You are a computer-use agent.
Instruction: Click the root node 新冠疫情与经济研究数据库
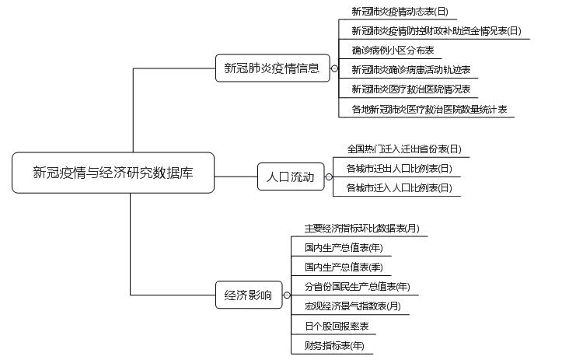pos(113,173)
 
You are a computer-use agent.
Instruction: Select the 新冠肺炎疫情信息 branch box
pos(272,68)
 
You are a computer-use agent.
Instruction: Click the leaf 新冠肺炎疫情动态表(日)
pos(400,12)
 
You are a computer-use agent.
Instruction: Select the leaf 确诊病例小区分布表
pos(392,51)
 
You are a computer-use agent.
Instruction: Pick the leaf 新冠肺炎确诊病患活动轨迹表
pos(410,70)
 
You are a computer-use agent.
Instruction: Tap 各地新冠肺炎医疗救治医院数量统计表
pos(428,110)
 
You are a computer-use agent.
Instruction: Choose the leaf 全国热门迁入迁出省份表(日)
pos(403,149)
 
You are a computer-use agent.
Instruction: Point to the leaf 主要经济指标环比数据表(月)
pos(361,229)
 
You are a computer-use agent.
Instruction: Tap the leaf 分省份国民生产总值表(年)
pos(357,287)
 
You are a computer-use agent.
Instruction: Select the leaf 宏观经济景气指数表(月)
pos(352,306)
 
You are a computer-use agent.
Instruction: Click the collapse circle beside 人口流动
pos(329,177)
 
